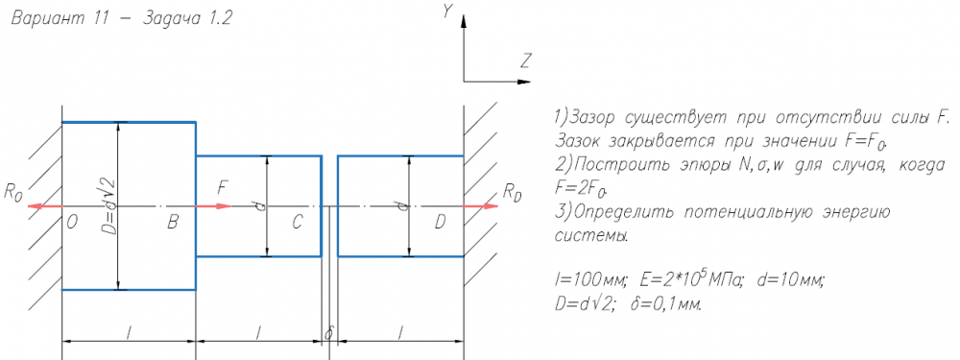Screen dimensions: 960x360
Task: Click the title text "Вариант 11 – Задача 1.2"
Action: [121, 18]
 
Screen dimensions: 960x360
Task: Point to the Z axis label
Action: [525, 61]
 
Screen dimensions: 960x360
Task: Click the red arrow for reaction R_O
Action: [46, 205]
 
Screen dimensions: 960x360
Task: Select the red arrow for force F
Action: [213, 205]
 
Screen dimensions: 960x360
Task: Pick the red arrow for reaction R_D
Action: [481, 205]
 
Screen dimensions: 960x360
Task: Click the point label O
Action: [72, 224]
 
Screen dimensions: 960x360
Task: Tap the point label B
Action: [173, 224]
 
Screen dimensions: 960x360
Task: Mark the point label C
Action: [297, 224]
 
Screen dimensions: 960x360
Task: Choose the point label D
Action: [441, 224]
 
